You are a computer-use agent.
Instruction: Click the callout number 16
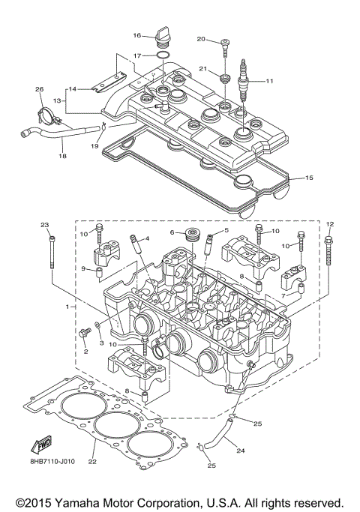137,35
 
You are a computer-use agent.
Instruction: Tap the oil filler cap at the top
160,37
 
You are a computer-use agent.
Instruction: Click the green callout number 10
286,245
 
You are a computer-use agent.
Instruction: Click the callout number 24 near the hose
240,451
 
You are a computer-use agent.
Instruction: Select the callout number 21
201,69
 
